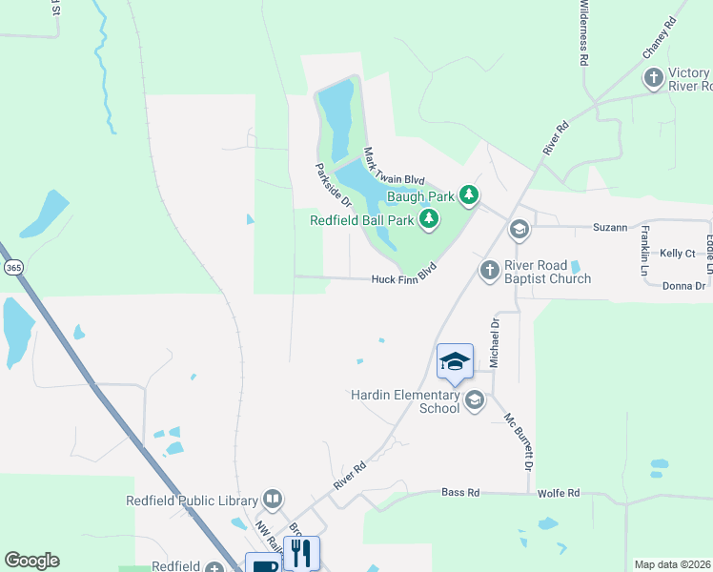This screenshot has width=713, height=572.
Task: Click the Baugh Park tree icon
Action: coord(468,196)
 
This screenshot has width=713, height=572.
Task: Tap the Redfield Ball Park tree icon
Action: coord(429,220)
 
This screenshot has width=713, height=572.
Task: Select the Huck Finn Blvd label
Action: coord(409,279)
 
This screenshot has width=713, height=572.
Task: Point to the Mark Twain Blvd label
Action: coord(393,166)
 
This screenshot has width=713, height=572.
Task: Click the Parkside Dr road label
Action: coord(334,184)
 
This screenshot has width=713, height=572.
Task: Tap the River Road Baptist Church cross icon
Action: coord(490,271)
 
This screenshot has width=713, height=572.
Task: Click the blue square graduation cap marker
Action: coord(455,361)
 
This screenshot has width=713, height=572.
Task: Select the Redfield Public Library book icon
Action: coord(273,500)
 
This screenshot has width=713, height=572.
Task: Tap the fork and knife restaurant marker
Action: coord(301,553)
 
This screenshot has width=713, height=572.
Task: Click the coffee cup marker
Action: coord(263,564)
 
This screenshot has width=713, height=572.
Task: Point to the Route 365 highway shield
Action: coord(13,268)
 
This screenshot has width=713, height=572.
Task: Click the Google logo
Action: coord(31,561)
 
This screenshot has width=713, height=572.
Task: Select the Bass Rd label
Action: coord(460,493)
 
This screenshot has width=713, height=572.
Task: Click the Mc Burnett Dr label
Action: coord(519,439)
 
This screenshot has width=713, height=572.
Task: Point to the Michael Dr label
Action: coord(495,342)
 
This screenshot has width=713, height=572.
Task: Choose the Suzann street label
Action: coord(610,228)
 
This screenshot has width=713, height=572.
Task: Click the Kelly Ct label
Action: coord(678,254)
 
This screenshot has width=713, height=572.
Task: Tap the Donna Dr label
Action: coord(683,286)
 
